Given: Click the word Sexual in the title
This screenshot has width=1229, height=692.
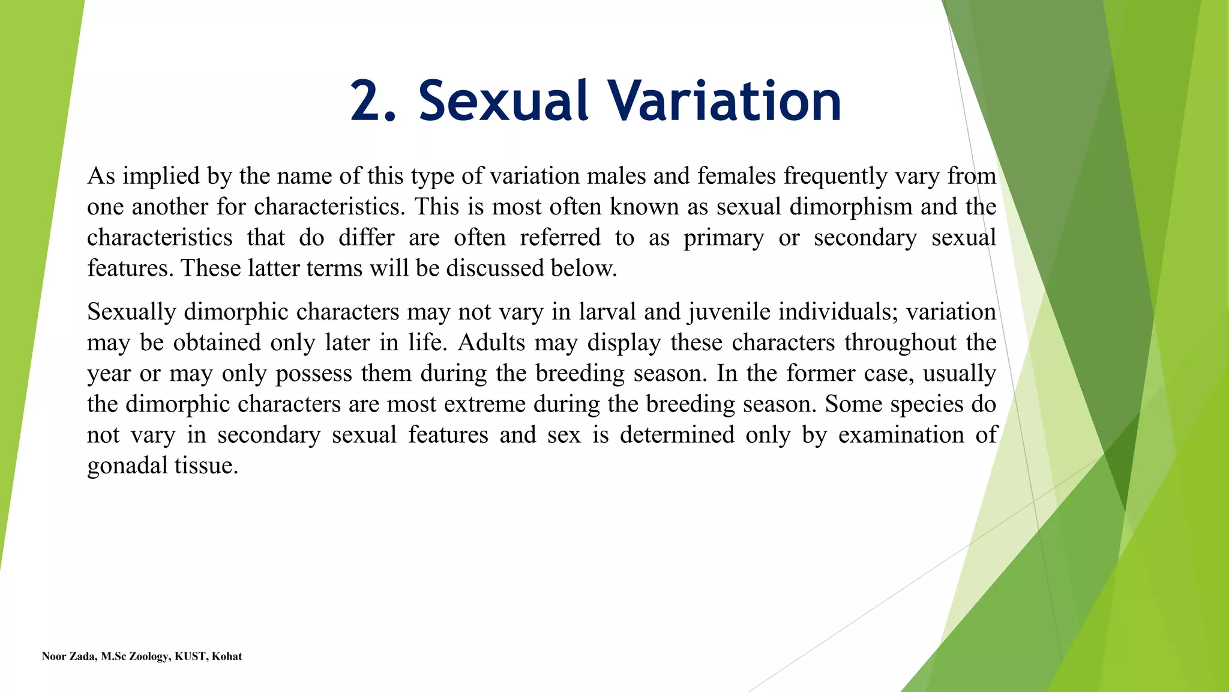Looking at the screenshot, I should click(503, 101).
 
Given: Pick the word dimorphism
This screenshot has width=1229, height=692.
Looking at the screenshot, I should click(851, 207).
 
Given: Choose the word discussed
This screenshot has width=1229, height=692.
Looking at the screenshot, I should click(494, 268).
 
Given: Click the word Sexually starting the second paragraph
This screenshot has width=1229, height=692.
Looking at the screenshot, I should click(131, 312).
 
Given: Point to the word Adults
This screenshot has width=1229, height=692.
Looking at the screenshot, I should click(491, 342).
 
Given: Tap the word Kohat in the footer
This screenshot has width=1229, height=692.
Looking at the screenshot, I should click(227, 657).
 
